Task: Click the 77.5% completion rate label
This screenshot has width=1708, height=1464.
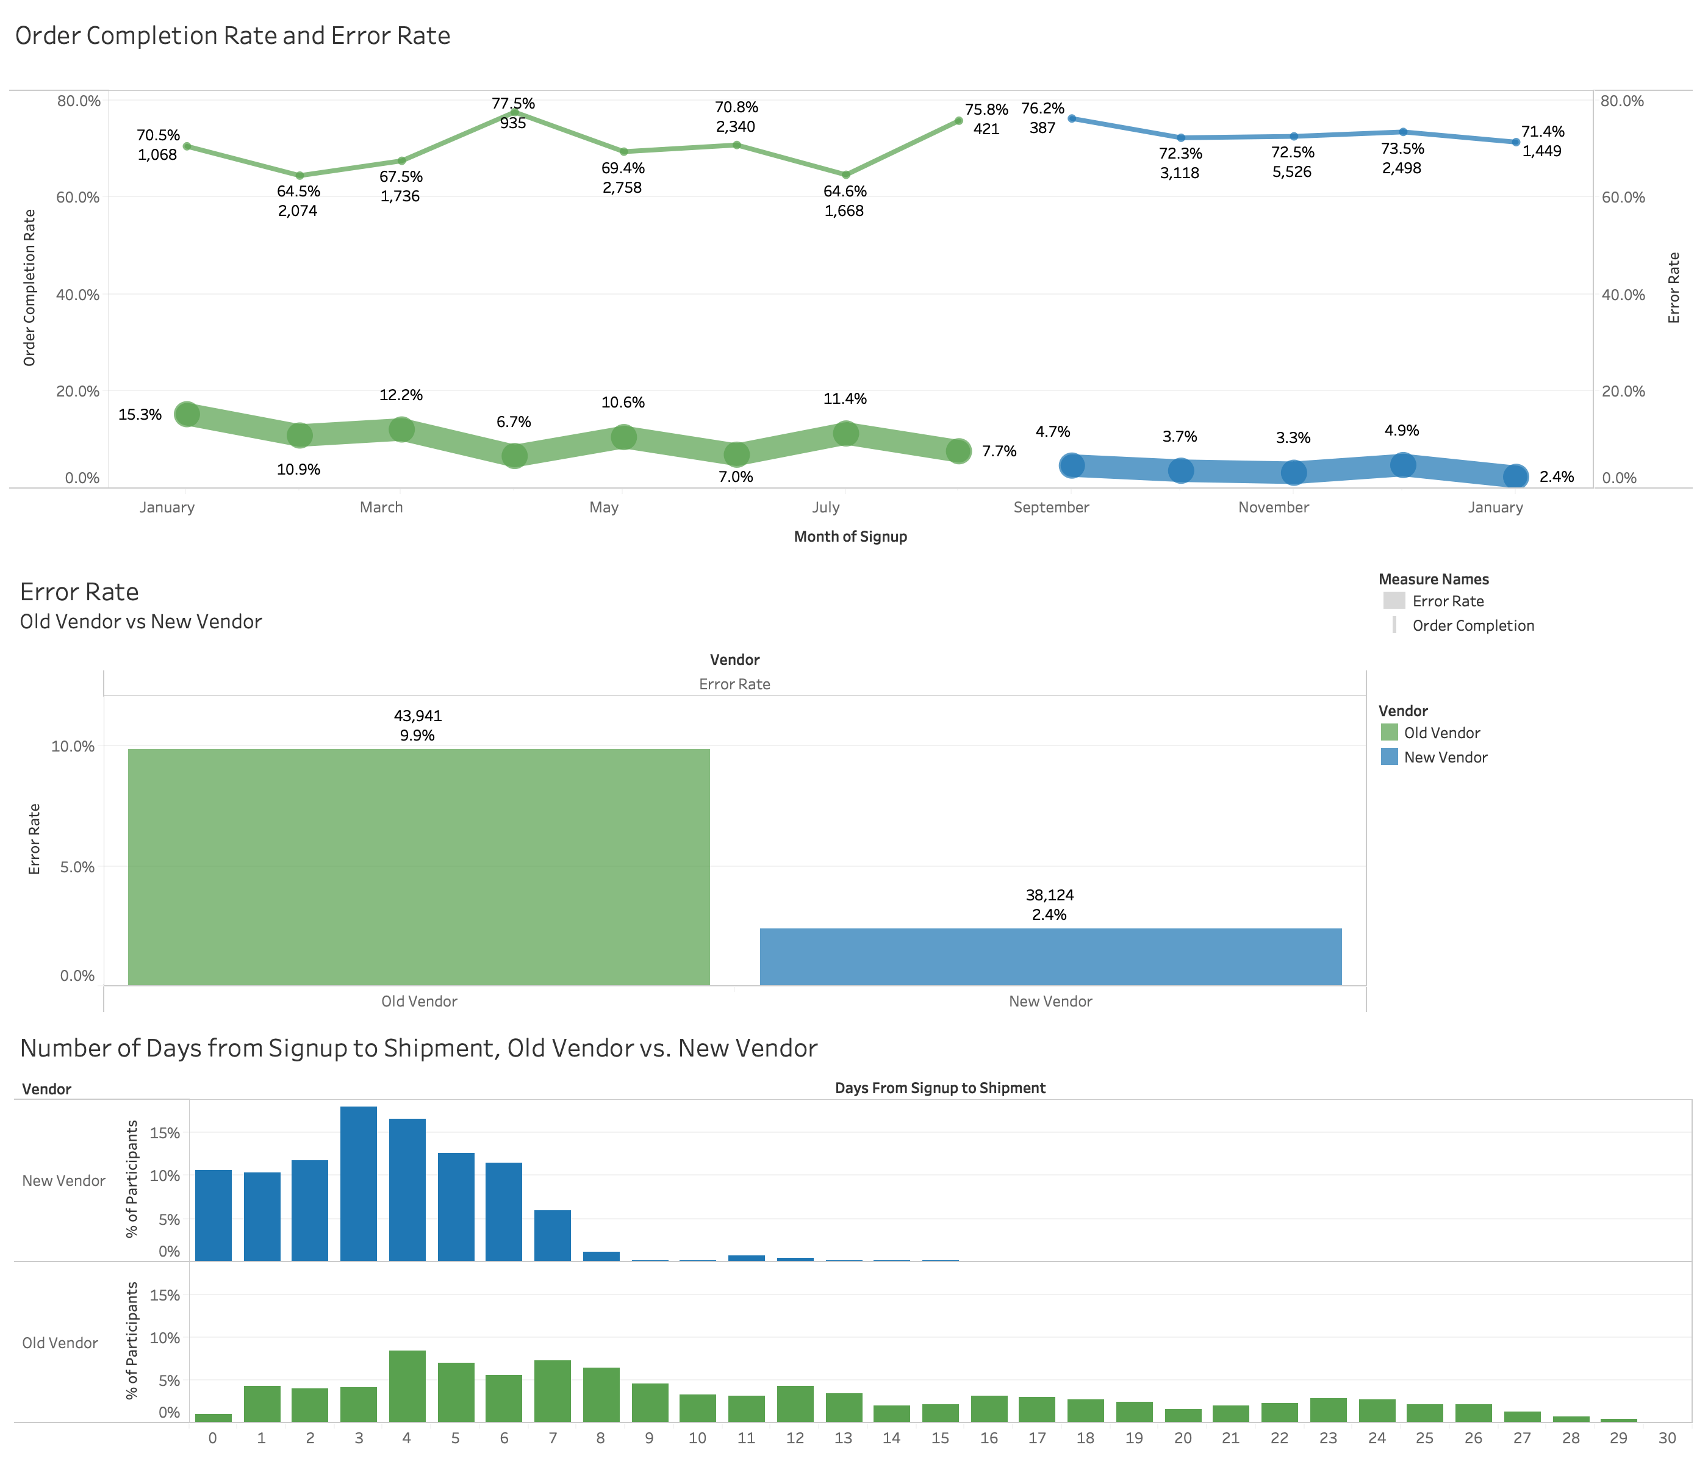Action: coord(513,103)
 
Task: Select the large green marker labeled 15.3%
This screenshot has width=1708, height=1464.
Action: coord(187,414)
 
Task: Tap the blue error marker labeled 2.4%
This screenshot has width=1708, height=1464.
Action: coord(1515,476)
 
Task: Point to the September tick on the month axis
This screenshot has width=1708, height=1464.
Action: coord(1051,507)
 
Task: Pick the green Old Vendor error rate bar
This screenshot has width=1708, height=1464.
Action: coord(418,866)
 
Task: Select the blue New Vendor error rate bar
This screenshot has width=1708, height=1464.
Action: coord(1050,956)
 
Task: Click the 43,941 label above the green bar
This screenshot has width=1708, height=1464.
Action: coord(418,716)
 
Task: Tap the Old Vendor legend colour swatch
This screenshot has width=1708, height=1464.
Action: coord(1389,732)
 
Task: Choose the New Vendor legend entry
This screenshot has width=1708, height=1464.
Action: coord(1445,757)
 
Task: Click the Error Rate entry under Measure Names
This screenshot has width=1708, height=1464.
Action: coord(1447,601)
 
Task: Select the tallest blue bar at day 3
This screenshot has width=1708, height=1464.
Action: coord(359,1183)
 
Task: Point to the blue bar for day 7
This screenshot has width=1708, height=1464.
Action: coord(552,1235)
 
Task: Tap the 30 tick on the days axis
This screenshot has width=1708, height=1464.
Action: coord(1667,1438)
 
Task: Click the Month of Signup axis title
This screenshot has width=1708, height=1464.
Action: coord(850,537)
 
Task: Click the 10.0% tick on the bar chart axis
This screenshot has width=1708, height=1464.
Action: coord(73,746)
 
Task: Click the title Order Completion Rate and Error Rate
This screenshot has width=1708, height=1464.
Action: coord(232,35)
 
